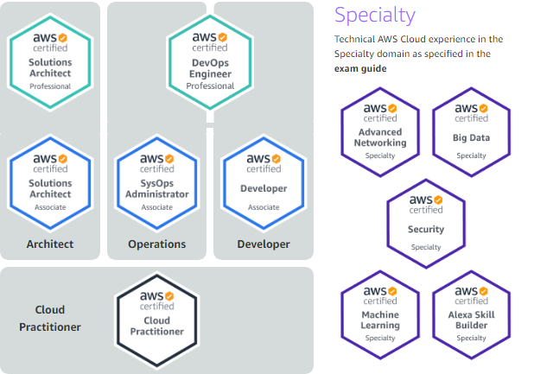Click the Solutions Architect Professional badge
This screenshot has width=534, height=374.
point(50,62)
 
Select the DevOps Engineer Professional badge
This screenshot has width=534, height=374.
point(210,62)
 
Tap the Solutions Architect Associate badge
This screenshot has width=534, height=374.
point(50,183)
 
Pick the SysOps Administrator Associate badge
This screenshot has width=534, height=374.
point(157,183)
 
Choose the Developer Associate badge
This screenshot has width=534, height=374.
point(264,183)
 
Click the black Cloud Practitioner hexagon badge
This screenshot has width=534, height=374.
point(157,320)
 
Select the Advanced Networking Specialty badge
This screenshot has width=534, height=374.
point(380,132)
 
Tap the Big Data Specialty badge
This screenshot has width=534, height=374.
point(471,132)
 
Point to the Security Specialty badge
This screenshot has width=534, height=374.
point(426,224)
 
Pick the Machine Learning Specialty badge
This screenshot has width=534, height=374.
point(380,314)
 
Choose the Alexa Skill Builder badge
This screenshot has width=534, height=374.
point(471,314)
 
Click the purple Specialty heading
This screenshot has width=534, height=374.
point(375,16)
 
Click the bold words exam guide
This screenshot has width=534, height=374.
point(360,69)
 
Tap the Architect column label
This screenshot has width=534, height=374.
point(50,244)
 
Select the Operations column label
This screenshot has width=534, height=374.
point(157,244)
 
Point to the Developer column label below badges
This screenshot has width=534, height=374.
point(264,244)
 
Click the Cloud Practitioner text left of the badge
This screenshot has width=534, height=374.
point(50,318)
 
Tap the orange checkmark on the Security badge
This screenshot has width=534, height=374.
point(438,200)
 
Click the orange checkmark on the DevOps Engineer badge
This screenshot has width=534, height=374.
point(223,37)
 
